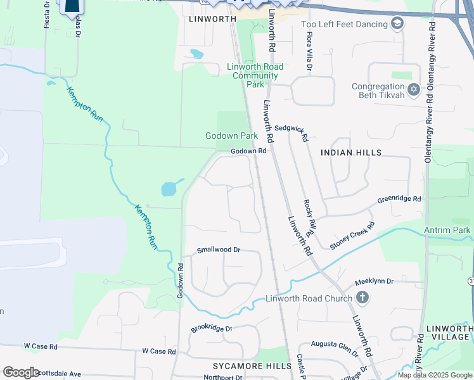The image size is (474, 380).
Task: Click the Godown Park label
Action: (x=231, y=136)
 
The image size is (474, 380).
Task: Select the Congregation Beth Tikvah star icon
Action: (x=414, y=91)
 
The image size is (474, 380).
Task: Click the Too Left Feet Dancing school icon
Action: (x=397, y=24)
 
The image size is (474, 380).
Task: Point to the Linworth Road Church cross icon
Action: (x=362, y=298)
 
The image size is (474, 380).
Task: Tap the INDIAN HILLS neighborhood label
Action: (x=351, y=153)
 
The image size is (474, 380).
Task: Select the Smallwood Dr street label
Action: (x=219, y=250)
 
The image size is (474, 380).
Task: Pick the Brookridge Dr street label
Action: (x=212, y=329)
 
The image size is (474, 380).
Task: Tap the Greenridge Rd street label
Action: (x=399, y=199)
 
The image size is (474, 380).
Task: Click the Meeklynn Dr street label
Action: (x=374, y=281)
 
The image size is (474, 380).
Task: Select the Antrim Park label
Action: (x=452, y=229)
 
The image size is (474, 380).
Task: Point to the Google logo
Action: (x=21, y=372)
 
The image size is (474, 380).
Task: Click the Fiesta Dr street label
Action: (x=46, y=14)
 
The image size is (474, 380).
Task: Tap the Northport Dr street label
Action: (x=223, y=377)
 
